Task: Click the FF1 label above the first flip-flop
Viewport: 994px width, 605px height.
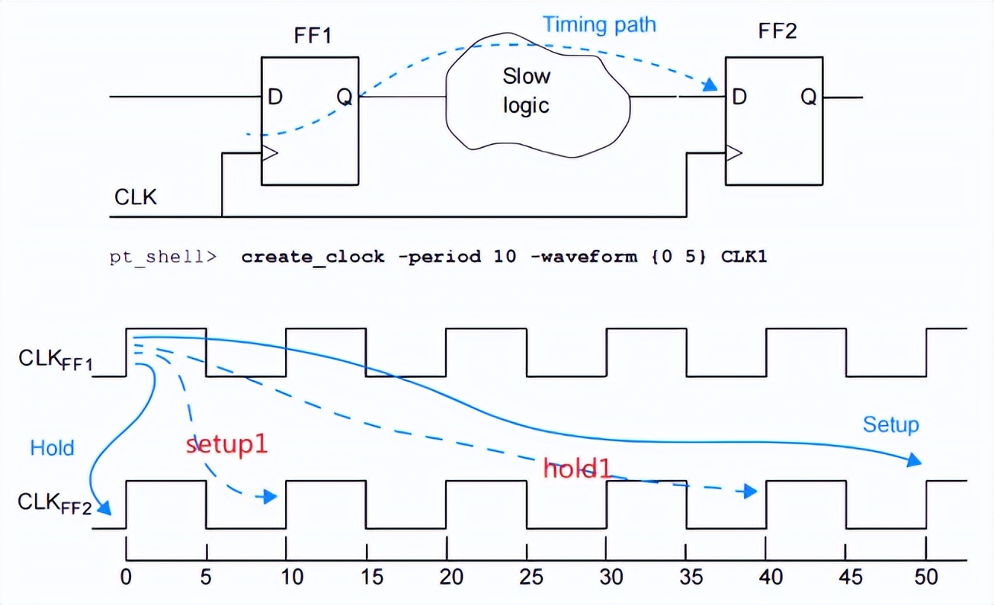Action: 313,36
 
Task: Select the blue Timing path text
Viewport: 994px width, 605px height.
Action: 598,24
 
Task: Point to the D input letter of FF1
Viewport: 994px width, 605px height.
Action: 275,97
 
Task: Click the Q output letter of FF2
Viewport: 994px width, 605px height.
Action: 809,97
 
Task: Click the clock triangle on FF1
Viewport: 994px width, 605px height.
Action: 269,153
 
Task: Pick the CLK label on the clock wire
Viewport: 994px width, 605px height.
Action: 136,197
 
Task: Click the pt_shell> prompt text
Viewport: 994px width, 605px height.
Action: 162,257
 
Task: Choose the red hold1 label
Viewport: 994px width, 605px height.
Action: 577,468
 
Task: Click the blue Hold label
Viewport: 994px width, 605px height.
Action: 52,447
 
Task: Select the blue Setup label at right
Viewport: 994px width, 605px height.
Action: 890,424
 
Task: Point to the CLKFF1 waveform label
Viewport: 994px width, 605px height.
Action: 55,360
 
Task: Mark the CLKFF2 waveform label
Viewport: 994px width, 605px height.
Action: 55,504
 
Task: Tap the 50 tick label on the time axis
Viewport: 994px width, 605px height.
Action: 927,577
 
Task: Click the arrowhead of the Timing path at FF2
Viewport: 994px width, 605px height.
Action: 711,84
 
